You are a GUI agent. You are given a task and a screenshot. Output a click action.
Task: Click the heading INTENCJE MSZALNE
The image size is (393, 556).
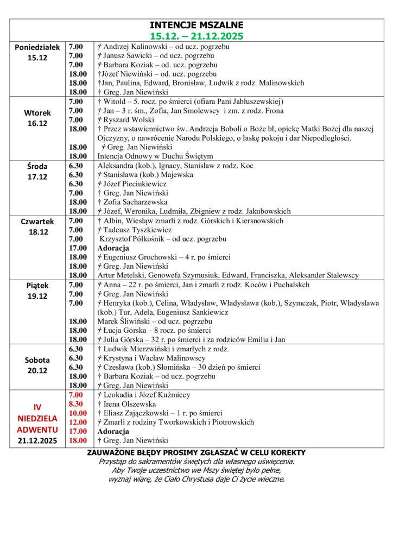click(196, 26)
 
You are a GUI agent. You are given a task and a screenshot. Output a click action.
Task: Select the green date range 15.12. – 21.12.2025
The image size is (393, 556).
click(196, 36)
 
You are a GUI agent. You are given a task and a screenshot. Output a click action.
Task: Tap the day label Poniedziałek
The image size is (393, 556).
click(37, 47)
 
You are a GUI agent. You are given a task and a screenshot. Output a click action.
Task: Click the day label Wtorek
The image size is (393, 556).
click(37, 113)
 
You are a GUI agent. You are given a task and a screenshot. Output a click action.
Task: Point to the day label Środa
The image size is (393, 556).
click(37, 166)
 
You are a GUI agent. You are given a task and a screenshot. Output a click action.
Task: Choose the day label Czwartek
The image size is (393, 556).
click(37, 222)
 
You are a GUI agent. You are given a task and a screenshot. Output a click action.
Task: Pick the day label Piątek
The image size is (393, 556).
click(37, 285)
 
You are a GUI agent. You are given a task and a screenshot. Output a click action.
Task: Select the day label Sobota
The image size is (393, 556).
click(37, 360)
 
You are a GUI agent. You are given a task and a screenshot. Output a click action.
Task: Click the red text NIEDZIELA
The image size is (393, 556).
click(37, 418)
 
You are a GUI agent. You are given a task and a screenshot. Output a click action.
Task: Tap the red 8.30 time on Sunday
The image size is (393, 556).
click(76, 404)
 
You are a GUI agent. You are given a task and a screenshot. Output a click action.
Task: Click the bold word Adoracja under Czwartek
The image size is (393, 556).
click(113, 248)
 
